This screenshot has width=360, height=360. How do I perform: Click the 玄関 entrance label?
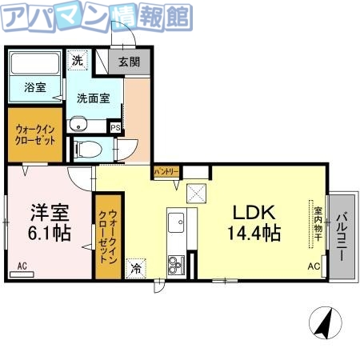(x=130, y=62)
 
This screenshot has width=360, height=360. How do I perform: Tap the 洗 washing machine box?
(x=77, y=60)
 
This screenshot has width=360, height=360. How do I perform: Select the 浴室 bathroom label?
(x=34, y=87)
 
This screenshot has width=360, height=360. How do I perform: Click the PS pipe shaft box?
(x=115, y=126)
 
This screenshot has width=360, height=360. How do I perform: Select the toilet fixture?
(x=88, y=149)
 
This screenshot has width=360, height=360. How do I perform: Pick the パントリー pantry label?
(x=166, y=172)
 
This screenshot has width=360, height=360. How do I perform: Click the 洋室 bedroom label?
(x=49, y=213)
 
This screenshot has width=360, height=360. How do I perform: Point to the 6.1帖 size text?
(x=49, y=234)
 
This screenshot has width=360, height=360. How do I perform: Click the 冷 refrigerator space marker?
(x=137, y=269)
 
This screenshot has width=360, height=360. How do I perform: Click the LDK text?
(x=254, y=213)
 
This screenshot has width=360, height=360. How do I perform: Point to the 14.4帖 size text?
(x=254, y=234)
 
